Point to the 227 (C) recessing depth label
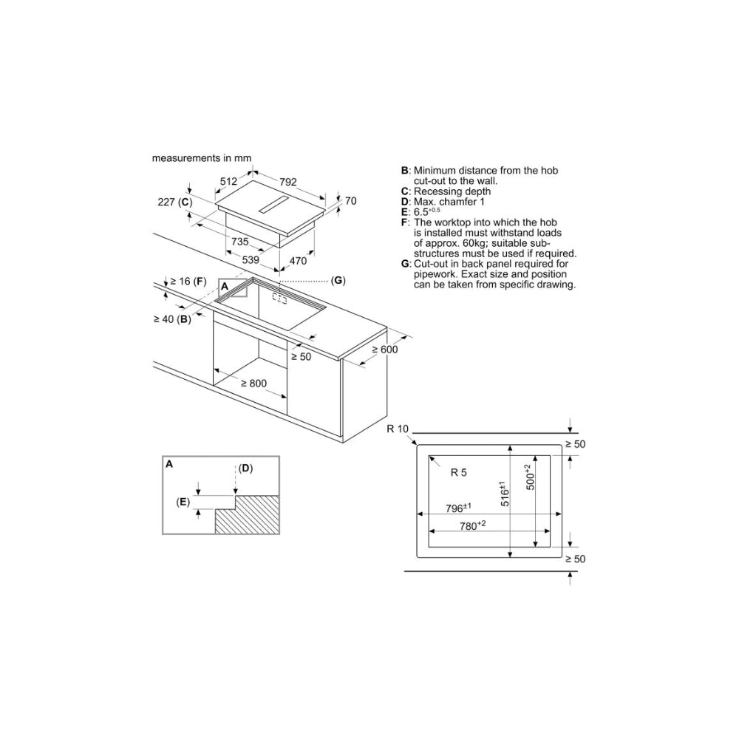[x=174, y=202]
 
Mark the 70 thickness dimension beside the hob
[x=350, y=200]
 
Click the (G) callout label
[x=338, y=280]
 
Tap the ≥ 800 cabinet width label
[x=252, y=384]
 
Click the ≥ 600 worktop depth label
[x=384, y=350]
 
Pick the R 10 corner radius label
[x=398, y=429]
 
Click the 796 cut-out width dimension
[x=459, y=508]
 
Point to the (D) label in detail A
[x=245, y=468]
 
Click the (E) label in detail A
[x=183, y=502]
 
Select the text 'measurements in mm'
[x=202, y=158]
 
